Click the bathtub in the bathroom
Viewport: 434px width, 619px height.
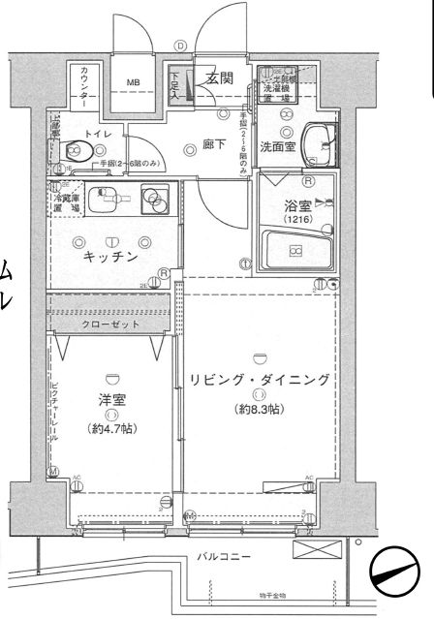(x=296, y=251)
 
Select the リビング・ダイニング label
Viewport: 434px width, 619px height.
(x=260, y=379)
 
